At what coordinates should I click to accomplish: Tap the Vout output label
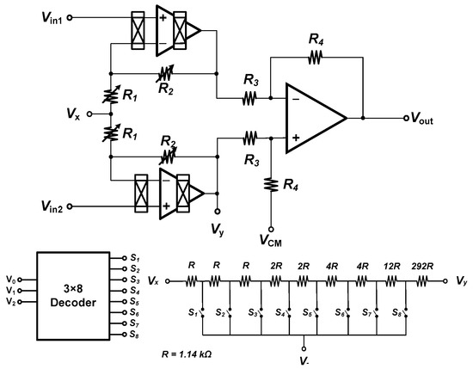(x=428, y=119)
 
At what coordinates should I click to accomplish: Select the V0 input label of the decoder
(x=10, y=279)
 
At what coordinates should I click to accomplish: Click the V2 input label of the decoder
(x=10, y=301)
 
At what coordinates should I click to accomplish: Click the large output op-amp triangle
(x=314, y=118)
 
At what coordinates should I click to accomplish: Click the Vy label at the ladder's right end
(x=462, y=281)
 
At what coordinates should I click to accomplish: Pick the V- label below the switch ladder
(x=303, y=355)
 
